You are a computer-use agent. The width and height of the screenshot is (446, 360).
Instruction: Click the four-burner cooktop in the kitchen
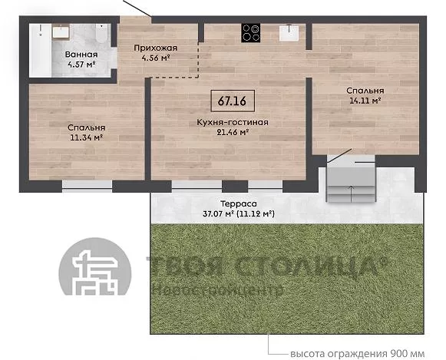[250, 33]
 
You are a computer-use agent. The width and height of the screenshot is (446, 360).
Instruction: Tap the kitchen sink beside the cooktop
[289, 33]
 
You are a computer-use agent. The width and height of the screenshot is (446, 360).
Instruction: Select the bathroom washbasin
[61, 31]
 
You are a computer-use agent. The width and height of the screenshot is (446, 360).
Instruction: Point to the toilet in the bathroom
[102, 34]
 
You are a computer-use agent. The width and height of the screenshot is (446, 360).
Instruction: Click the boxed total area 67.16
[233, 101]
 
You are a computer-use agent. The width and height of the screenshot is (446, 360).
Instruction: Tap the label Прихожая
[156, 48]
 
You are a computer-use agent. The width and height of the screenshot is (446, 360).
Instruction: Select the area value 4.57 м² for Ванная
[81, 64]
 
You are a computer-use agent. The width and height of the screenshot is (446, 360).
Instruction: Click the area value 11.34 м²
[86, 137]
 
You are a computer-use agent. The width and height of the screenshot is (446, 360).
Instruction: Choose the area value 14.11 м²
[365, 101]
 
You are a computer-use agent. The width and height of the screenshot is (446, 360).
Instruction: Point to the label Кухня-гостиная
[233, 122]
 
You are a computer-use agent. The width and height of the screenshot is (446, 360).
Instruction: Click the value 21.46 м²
[233, 132]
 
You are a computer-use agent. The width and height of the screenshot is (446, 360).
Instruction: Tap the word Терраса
[239, 203]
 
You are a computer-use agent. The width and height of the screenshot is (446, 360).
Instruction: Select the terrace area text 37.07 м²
[218, 213]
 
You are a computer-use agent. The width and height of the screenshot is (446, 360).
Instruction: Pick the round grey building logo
[94, 266]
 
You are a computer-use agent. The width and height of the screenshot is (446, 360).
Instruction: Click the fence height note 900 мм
[407, 354]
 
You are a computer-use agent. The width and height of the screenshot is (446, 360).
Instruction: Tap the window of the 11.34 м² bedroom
[87, 186]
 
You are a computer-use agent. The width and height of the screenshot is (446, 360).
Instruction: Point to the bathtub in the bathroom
[40, 51]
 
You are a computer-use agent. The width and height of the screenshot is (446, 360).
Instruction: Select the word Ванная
[81, 54]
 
